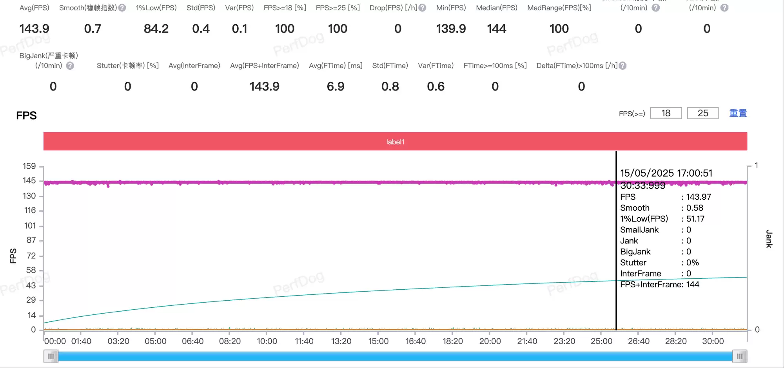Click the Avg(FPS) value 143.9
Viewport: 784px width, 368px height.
tap(34, 29)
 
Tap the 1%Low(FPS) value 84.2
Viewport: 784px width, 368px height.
tap(156, 29)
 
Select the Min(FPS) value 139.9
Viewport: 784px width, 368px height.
tap(451, 29)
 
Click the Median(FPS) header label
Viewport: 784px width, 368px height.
tap(496, 8)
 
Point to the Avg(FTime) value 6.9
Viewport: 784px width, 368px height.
tap(336, 87)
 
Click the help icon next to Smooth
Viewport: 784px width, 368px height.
tap(122, 8)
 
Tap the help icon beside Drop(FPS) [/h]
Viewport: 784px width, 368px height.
tap(422, 8)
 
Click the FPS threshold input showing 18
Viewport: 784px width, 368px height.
tap(666, 113)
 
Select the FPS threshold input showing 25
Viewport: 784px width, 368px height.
tap(702, 113)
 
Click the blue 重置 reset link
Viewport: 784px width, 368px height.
tap(738, 113)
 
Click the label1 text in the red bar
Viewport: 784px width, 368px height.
tap(395, 142)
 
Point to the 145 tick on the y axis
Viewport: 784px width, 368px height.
tap(29, 180)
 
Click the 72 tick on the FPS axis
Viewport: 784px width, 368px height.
tap(31, 256)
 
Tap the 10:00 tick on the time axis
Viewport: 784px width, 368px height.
tap(267, 341)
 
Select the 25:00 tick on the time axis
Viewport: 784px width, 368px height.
tap(601, 341)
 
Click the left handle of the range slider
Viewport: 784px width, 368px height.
tap(51, 356)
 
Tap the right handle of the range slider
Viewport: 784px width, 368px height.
tap(739, 356)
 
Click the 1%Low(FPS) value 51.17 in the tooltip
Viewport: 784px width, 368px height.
tap(695, 219)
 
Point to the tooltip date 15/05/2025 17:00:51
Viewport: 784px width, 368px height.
tap(666, 173)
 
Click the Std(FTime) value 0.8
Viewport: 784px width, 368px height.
tap(390, 87)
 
